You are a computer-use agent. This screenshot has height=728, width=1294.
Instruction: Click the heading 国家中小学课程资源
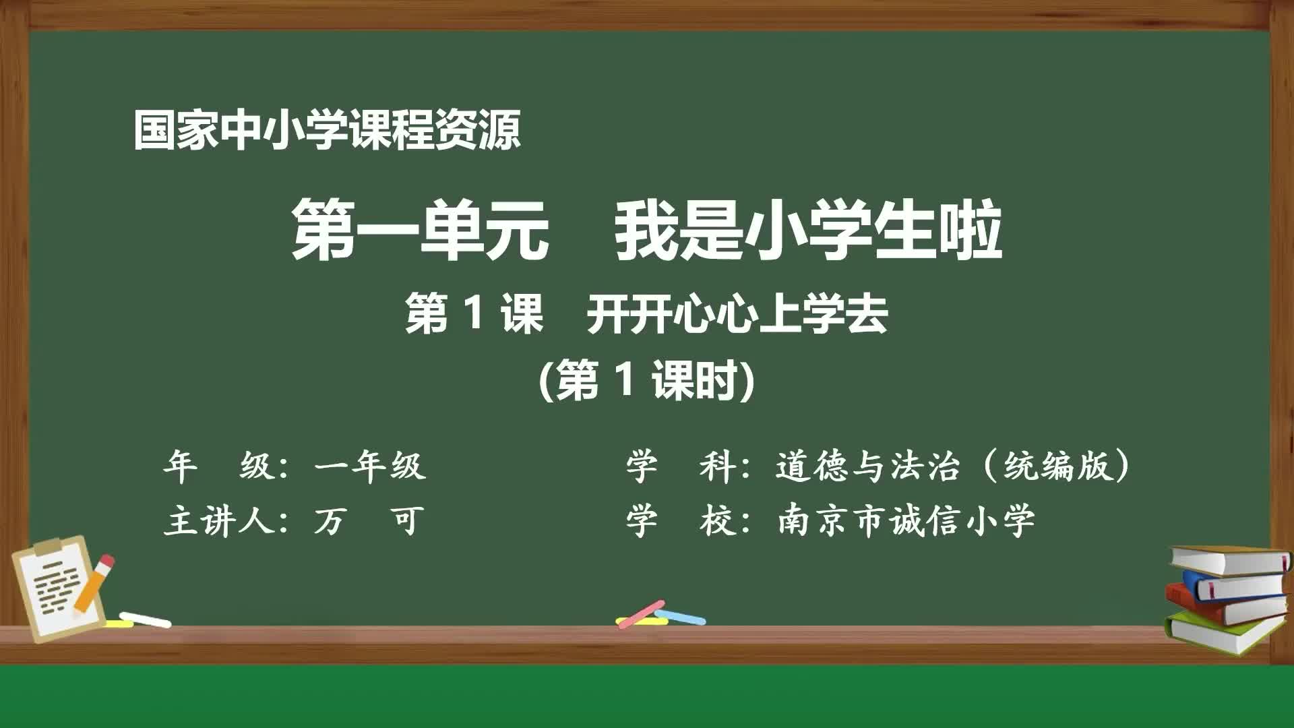(327, 130)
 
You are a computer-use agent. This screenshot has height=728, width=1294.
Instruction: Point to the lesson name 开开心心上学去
(737, 314)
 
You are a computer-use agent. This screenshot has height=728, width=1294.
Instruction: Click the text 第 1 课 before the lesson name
(474, 314)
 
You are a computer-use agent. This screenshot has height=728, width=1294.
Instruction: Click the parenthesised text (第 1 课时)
(647, 380)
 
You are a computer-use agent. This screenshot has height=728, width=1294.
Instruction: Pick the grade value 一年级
(369, 466)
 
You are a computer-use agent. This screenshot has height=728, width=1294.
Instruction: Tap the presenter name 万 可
(369, 520)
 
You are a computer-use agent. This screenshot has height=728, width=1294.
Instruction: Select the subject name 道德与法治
(867, 466)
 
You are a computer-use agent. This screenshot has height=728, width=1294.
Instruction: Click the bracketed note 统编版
(1057, 466)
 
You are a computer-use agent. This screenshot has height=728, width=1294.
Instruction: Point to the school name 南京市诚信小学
(906, 520)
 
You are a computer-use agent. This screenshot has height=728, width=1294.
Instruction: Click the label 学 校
(681, 520)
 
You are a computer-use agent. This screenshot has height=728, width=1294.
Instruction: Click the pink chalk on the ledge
(640, 614)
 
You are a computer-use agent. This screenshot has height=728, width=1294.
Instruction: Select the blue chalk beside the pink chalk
(682, 616)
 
